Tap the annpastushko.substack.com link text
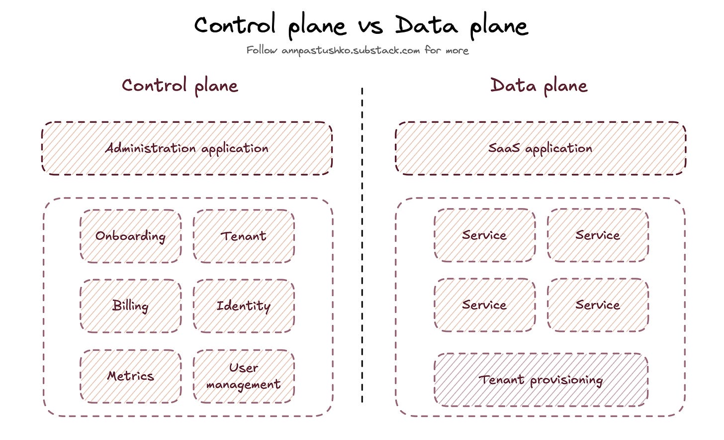tap(351, 50)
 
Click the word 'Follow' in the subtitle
tap(262, 50)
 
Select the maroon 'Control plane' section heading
tap(180, 86)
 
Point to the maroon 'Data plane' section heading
tap(539, 86)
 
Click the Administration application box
tap(187, 148)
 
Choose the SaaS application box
tap(541, 148)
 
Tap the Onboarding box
tap(130, 236)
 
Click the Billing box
tap(130, 306)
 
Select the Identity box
tap(244, 306)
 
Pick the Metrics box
tap(130, 376)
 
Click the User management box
tap(244, 376)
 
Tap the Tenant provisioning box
tap(541, 380)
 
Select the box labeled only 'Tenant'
tap(244, 236)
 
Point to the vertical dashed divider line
tap(362, 249)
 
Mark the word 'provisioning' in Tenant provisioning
tap(566, 381)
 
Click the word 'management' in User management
tap(243, 385)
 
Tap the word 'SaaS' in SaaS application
tap(504, 148)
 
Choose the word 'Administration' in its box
tap(150, 148)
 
